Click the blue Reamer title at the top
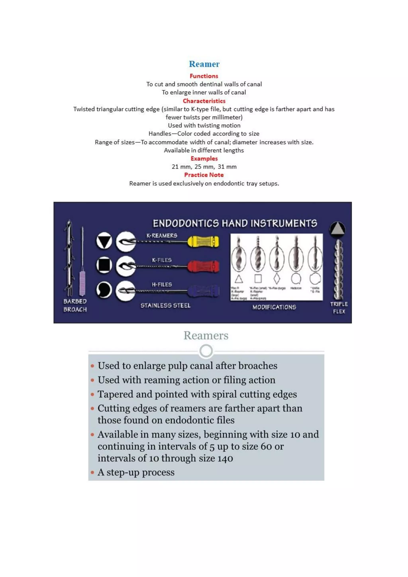[204, 64]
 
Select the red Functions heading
[204, 76]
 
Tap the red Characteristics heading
[204, 101]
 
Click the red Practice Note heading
[204, 175]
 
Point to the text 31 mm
[227, 167]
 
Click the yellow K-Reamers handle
[203, 242]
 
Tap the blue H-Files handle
[204, 291]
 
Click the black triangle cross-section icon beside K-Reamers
[104, 241]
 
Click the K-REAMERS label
[162, 236]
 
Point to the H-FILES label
[162, 285]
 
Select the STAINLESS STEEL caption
[165, 305]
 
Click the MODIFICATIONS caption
[274, 307]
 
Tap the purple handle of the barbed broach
[82, 283]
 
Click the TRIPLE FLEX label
[339, 308]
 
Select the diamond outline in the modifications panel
[277, 279]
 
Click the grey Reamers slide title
[206, 336]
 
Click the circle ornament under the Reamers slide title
[206, 351]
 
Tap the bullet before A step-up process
[92, 472]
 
